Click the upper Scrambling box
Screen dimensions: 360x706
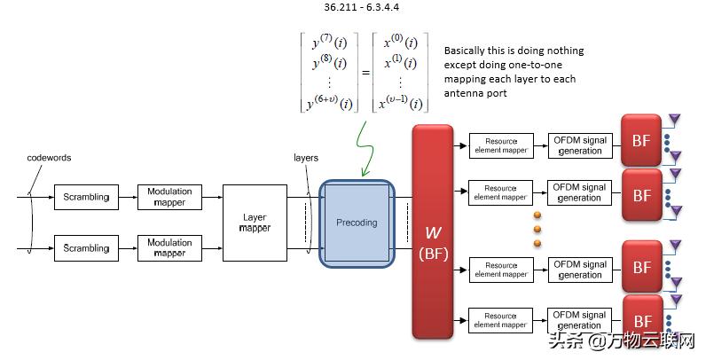point(86,196)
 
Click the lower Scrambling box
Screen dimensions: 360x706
point(86,248)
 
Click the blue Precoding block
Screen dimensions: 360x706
point(356,223)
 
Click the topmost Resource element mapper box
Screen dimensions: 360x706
point(500,145)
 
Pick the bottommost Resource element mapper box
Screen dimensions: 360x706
point(500,320)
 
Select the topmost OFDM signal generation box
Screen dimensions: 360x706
point(580,145)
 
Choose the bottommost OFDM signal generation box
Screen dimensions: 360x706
point(580,320)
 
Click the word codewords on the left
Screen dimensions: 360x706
point(49,157)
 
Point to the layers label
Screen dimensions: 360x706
point(305,157)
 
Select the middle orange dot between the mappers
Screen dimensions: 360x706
point(537,229)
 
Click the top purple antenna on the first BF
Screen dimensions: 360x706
point(673,119)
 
